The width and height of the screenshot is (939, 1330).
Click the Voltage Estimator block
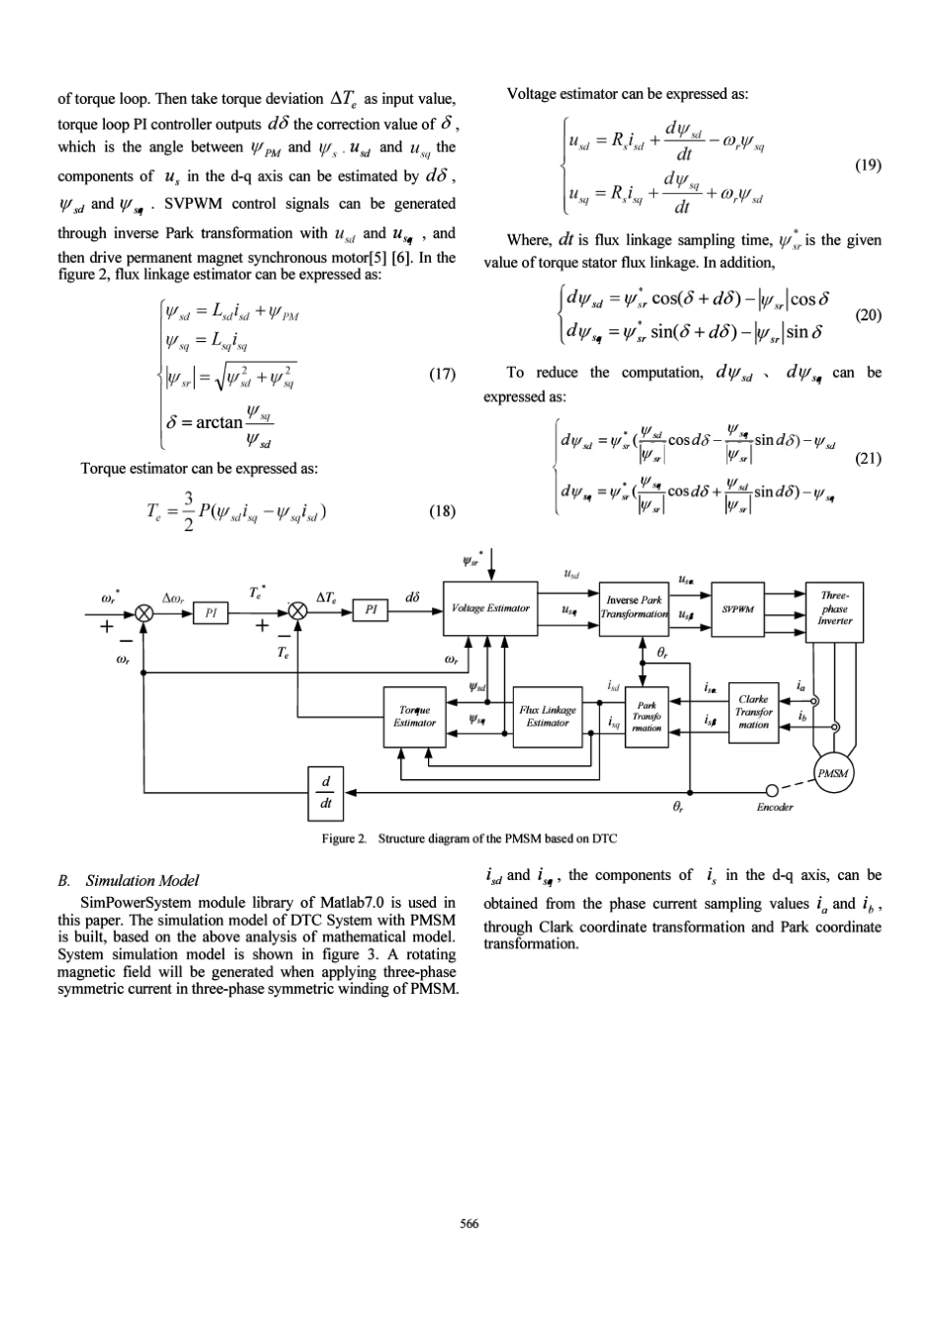(x=490, y=608)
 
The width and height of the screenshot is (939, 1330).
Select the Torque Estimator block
(x=414, y=717)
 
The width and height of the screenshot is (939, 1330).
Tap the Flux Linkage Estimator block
(x=548, y=717)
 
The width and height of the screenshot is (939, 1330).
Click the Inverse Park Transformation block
(x=634, y=608)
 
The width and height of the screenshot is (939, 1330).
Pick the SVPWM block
(x=737, y=609)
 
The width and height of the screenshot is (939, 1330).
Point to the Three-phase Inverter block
(x=834, y=612)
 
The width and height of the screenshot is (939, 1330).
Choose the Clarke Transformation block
(x=753, y=713)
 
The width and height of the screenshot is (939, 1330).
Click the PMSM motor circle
(x=833, y=773)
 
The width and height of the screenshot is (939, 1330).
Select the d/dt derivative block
(x=325, y=794)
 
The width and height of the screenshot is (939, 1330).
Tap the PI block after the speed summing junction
(x=211, y=613)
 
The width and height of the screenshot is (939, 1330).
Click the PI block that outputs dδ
(x=371, y=610)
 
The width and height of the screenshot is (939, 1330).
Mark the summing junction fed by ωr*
(x=143, y=613)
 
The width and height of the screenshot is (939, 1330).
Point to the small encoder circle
(x=772, y=790)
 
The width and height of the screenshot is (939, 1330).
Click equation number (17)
(x=442, y=374)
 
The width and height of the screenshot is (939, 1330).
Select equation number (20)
(x=868, y=314)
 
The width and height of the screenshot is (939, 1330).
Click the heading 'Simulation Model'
(x=142, y=880)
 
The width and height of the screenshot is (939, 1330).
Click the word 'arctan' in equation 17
(x=219, y=422)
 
